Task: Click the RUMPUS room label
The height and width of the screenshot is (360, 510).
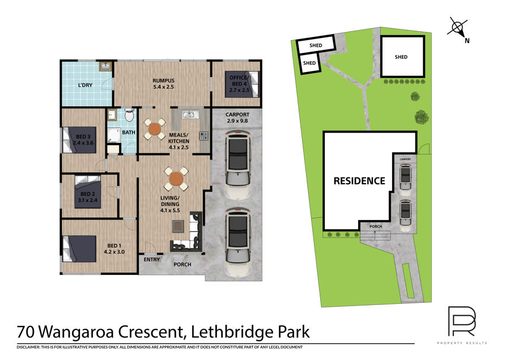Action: pyautogui.click(x=164, y=84)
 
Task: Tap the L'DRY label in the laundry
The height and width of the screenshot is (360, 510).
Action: pyautogui.click(x=85, y=85)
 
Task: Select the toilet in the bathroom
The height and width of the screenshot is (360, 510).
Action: pyautogui.click(x=129, y=115)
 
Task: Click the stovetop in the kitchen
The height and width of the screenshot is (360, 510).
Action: pyautogui.click(x=203, y=135)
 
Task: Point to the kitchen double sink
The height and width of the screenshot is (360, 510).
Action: pyautogui.click(x=188, y=115)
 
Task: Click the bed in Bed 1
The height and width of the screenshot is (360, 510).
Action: pyautogui.click(x=79, y=249)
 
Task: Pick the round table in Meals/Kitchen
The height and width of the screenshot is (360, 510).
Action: pyautogui.click(x=155, y=129)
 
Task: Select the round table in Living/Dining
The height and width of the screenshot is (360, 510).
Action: pyautogui.click(x=176, y=179)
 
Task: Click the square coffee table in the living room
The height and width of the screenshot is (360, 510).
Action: pyautogui.click(x=178, y=226)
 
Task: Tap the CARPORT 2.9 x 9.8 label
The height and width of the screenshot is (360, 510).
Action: pyautogui.click(x=237, y=117)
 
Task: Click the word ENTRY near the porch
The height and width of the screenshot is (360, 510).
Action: pyautogui.click(x=151, y=260)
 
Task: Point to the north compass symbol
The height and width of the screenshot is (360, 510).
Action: pyautogui.click(x=458, y=28)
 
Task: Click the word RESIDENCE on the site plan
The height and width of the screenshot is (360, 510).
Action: pyautogui.click(x=359, y=181)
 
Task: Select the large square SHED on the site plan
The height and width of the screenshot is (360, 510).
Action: pyautogui.click(x=403, y=57)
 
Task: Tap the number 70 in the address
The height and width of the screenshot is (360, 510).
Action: pyautogui.click(x=25, y=332)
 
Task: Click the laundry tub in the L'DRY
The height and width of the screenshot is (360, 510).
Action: pyautogui.click(x=105, y=67)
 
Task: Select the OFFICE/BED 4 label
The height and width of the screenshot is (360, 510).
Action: pyautogui.click(x=239, y=84)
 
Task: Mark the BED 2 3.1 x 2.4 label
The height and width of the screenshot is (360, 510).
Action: pyautogui.click(x=87, y=197)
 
